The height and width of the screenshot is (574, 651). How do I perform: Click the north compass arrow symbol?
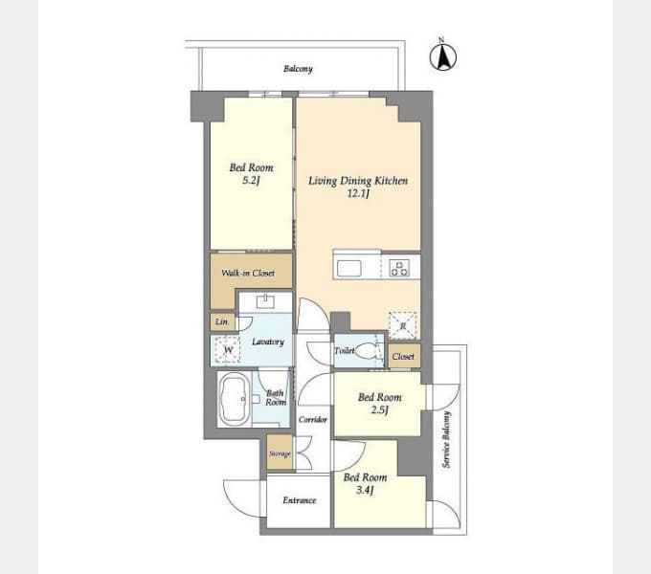[x=442, y=56]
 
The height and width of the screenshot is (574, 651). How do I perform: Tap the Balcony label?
[x=298, y=69]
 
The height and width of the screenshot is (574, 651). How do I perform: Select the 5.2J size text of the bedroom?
[x=251, y=181]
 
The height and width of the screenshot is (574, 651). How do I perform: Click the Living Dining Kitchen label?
[x=358, y=181]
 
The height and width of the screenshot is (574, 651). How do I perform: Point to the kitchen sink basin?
[x=348, y=268]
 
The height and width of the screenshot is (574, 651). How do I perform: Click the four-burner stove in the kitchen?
[x=399, y=268]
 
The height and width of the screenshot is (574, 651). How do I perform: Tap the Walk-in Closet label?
[x=248, y=273]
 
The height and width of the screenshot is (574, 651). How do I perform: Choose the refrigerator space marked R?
[x=402, y=325]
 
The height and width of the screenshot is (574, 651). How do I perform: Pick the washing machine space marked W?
[x=228, y=349]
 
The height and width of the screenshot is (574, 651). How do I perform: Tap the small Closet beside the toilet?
[x=403, y=356]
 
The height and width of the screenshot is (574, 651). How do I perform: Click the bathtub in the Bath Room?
[x=235, y=399]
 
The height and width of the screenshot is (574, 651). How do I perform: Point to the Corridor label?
[x=313, y=419]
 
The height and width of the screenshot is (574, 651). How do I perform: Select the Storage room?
[x=280, y=453]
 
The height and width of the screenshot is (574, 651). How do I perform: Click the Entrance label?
[x=300, y=500]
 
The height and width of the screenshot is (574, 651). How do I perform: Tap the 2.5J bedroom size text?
[x=379, y=410]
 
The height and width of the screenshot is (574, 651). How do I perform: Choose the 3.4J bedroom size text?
[x=365, y=490]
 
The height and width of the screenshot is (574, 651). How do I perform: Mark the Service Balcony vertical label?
[x=446, y=439]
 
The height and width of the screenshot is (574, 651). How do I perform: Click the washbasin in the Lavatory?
[x=266, y=301]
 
